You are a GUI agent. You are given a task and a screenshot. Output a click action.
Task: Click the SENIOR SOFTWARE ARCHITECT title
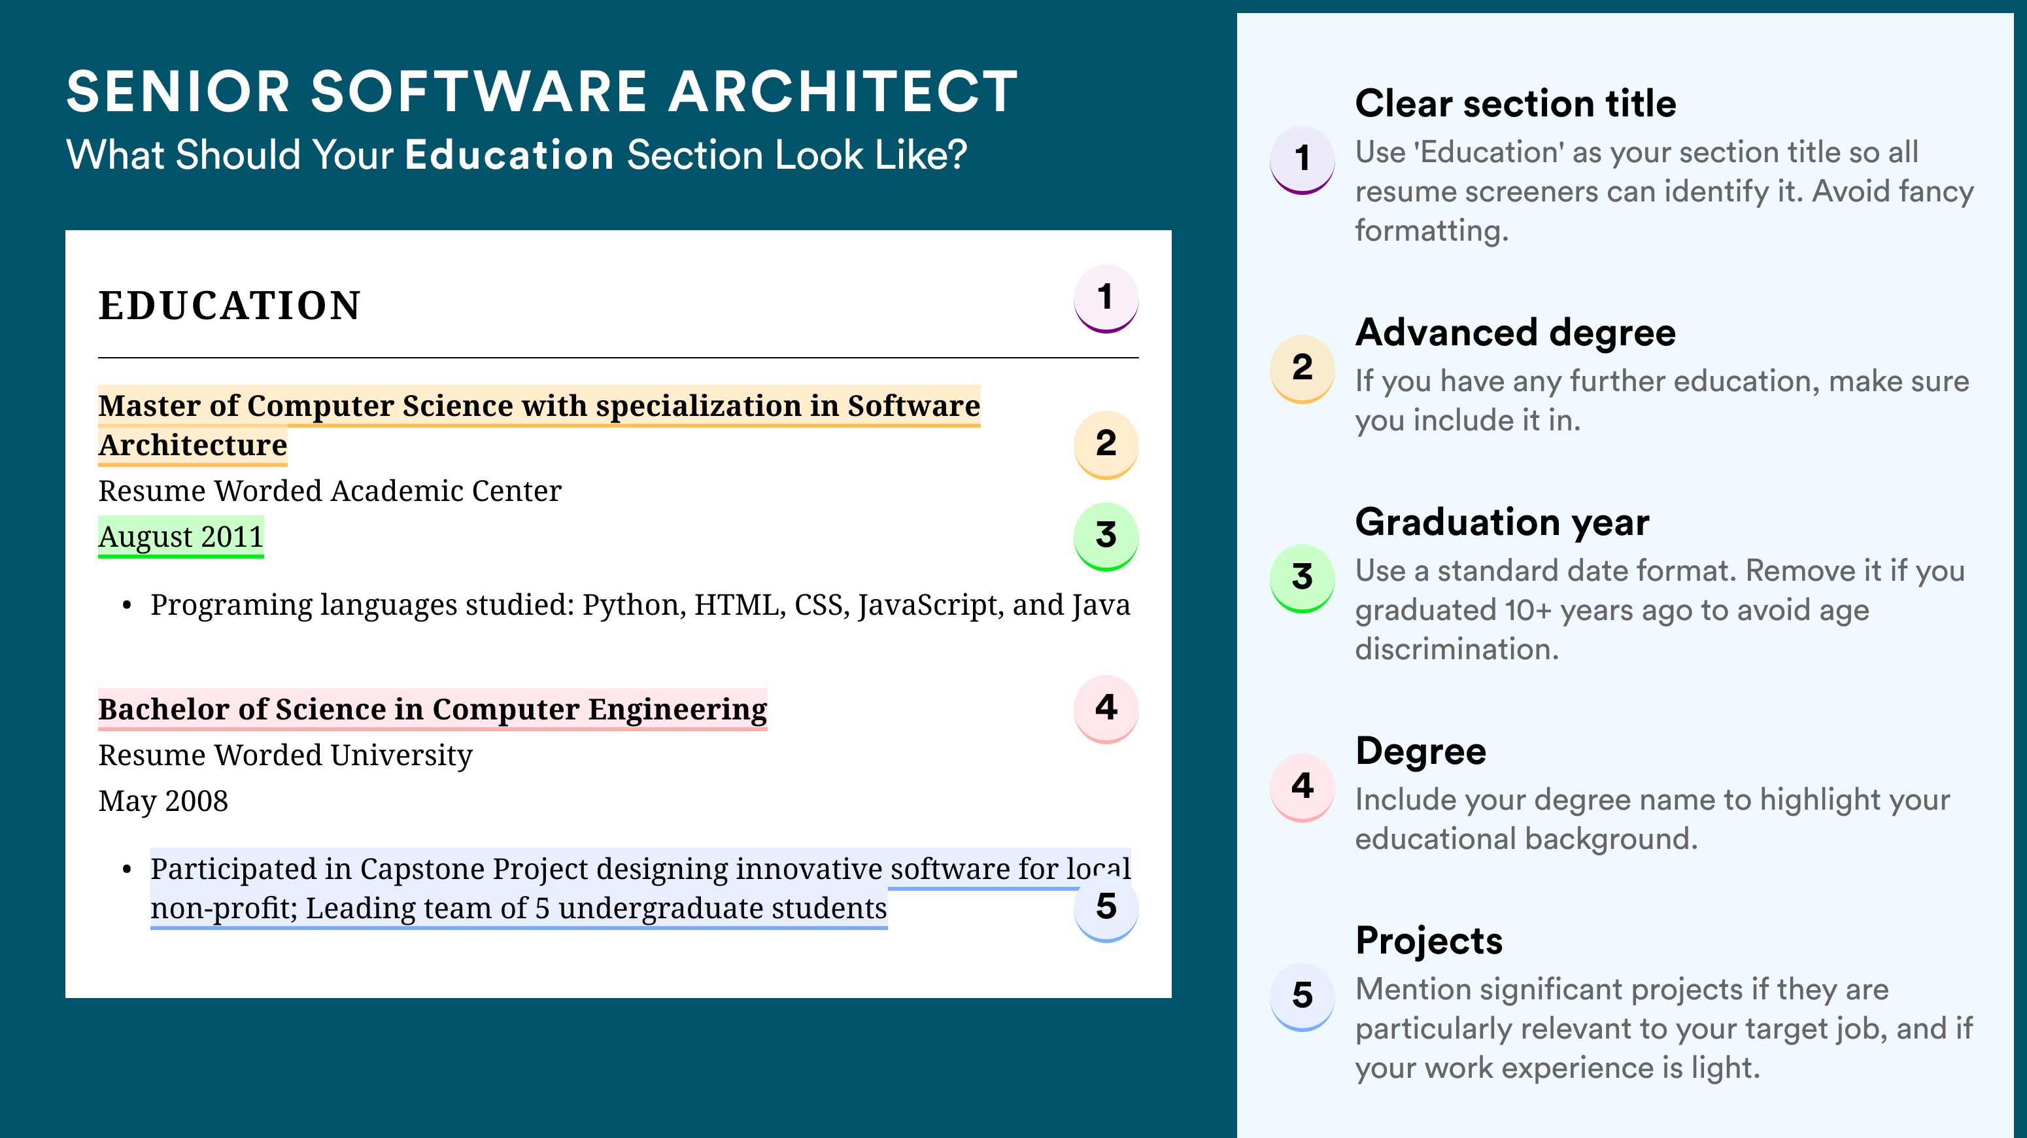click(x=542, y=92)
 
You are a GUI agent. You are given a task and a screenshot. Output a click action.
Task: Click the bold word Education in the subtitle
click(x=509, y=154)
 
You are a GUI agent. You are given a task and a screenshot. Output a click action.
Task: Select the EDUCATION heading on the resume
click(x=229, y=305)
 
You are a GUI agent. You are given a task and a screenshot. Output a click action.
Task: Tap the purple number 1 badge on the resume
click(x=1106, y=299)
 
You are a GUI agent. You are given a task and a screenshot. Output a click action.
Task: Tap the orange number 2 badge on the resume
click(x=1106, y=445)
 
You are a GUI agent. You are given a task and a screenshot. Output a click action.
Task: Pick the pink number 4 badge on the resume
click(x=1106, y=709)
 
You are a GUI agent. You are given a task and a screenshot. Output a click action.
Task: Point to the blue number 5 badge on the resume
click(x=1106, y=908)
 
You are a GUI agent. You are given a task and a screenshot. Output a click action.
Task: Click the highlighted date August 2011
click(x=181, y=537)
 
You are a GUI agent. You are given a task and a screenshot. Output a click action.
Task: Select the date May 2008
click(x=163, y=801)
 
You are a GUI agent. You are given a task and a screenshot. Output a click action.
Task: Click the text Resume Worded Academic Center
click(x=330, y=491)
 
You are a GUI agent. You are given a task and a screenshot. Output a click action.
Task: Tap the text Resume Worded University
click(x=285, y=755)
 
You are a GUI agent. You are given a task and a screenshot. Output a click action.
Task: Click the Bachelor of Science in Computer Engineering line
click(x=433, y=709)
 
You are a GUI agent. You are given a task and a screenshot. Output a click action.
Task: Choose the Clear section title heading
click(x=1516, y=103)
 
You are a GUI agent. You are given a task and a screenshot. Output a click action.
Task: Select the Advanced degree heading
click(x=1516, y=333)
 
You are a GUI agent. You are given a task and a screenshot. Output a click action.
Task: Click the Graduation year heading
click(x=1502, y=522)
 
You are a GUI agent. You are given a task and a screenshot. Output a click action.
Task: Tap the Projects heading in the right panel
click(x=1429, y=940)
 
